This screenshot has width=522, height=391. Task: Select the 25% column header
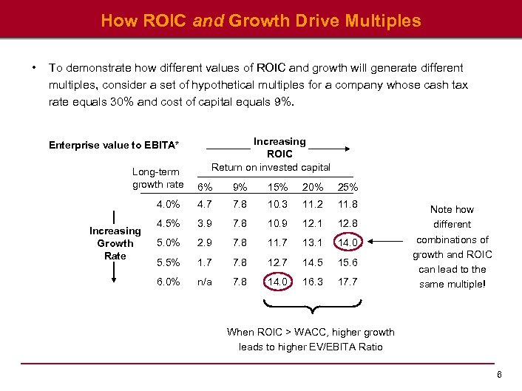(x=348, y=188)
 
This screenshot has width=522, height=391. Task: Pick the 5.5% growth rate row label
(x=168, y=262)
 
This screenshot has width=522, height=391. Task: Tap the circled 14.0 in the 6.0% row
(x=277, y=282)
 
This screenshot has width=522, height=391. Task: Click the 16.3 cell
(x=313, y=282)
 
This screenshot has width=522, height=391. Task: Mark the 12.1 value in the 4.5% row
(x=313, y=223)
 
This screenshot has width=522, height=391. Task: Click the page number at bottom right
(x=501, y=375)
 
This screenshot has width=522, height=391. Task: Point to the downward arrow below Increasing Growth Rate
(x=114, y=273)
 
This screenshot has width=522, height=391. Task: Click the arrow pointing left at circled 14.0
(x=384, y=241)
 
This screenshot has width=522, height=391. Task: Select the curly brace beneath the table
(x=311, y=305)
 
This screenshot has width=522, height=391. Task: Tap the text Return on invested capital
(x=271, y=167)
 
